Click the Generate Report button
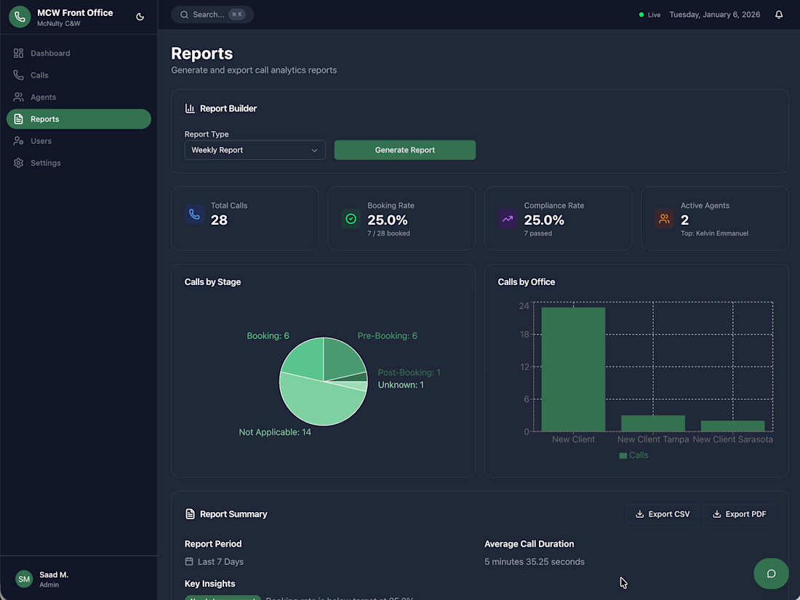[404, 150]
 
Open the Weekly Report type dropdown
[255, 150]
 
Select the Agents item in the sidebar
[43, 97]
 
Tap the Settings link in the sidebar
[45, 163]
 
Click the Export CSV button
[663, 514]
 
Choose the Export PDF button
[739, 514]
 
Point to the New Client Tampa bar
[652, 423]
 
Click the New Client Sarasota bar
[732, 426]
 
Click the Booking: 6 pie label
[268, 336]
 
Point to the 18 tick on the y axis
[524, 335]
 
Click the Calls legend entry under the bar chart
[633, 455]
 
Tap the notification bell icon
[779, 15]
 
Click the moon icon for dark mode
[140, 17]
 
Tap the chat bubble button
[771, 574]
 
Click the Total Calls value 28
[219, 220]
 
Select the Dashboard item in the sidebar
[50, 53]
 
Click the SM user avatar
[24, 579]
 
